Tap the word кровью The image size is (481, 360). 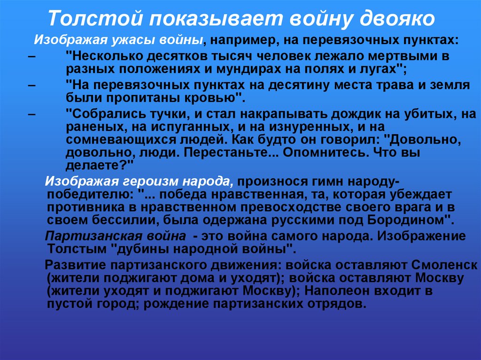[x=212, y=99]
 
